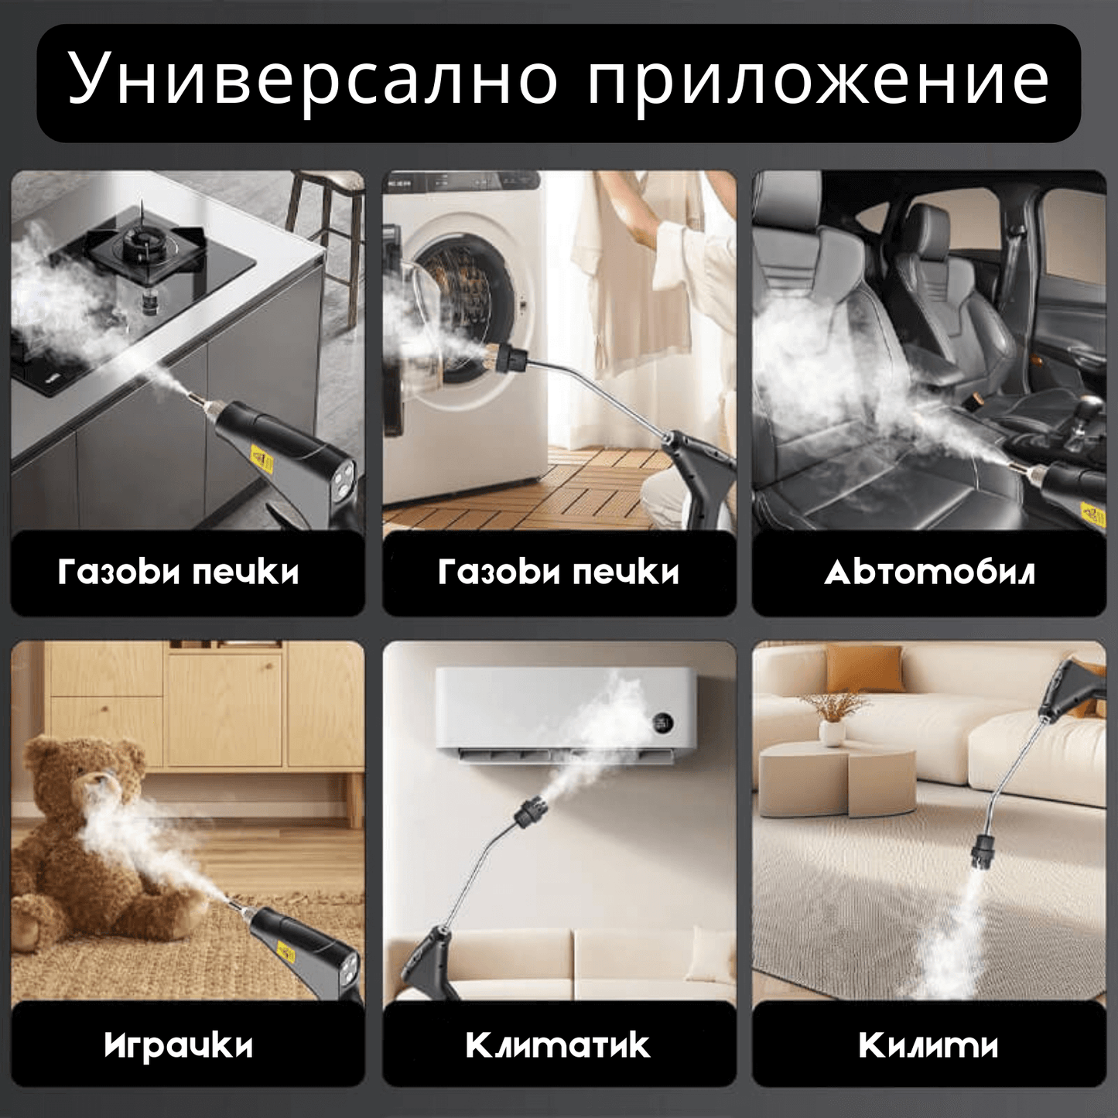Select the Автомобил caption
929,573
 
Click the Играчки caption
179,1045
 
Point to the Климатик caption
558,1045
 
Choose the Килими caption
928,1045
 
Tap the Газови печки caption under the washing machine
558,573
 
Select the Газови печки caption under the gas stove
179,573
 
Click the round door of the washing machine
456,309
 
